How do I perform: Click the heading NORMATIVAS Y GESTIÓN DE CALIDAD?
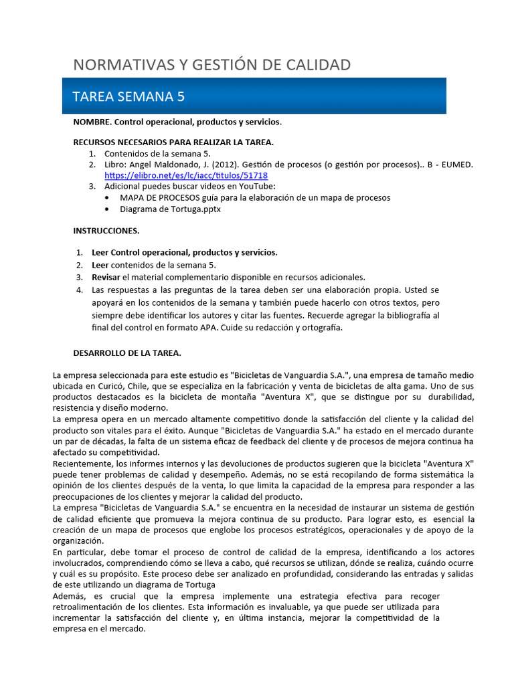click(211, 64)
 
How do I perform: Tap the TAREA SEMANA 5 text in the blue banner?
click(128, 96)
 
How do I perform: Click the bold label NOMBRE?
click(92, 122)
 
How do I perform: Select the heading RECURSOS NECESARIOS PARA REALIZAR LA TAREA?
click(173, 142)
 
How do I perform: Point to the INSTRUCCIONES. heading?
click(106, 231)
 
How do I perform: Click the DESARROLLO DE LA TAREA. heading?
click(127, 353)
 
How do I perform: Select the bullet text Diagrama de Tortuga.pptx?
click(170, 209)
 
